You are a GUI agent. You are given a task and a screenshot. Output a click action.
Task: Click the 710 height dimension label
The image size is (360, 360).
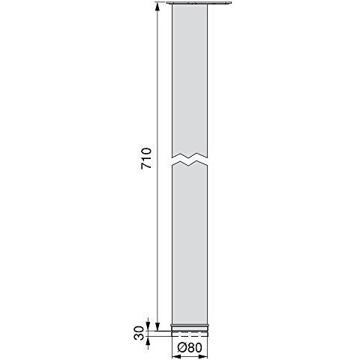coord(146,158)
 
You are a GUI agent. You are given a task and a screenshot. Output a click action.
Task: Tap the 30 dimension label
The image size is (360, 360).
coord(139,333)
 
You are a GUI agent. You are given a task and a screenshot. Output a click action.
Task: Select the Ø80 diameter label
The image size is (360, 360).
coord(189,347)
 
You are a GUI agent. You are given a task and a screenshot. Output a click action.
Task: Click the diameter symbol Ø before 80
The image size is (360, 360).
coord(181,347)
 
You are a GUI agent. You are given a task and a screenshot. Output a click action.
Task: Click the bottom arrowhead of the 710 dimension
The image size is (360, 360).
coord(157,326)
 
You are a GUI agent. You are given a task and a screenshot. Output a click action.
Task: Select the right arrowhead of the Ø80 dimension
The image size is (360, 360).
coord(204,357)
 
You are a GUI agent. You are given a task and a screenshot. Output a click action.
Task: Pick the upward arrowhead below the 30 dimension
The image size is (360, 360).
coord(148,340)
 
